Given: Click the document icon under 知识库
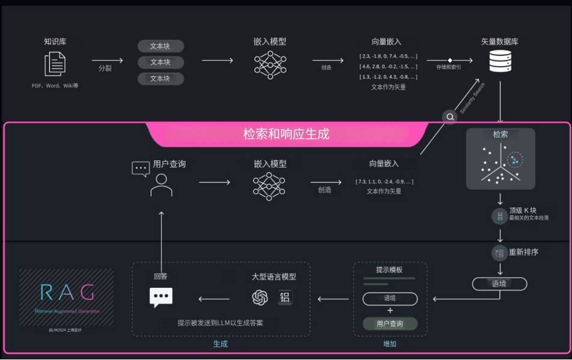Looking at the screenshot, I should (55, 64).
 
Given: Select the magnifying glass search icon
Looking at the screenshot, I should (450, 117).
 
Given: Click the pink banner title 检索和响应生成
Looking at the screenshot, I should (286, 133).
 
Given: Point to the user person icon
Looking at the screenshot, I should (161, 186).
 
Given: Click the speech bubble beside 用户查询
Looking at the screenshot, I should (140, 168).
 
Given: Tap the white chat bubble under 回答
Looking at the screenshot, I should (161, 297).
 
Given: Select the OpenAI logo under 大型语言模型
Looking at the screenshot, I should (260, 297).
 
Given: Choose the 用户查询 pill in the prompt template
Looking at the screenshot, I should (390, 324).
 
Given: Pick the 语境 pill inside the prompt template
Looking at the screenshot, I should (390, 299).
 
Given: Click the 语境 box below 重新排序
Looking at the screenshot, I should (499, 284).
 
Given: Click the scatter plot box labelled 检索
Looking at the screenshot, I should (500, 159).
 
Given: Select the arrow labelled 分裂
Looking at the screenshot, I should (107, 61).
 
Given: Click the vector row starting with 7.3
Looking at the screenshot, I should (384, 181).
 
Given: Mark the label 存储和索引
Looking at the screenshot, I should (449, 67).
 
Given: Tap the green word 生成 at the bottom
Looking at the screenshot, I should (221, 344).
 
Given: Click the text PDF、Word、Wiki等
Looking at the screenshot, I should (55, 86).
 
